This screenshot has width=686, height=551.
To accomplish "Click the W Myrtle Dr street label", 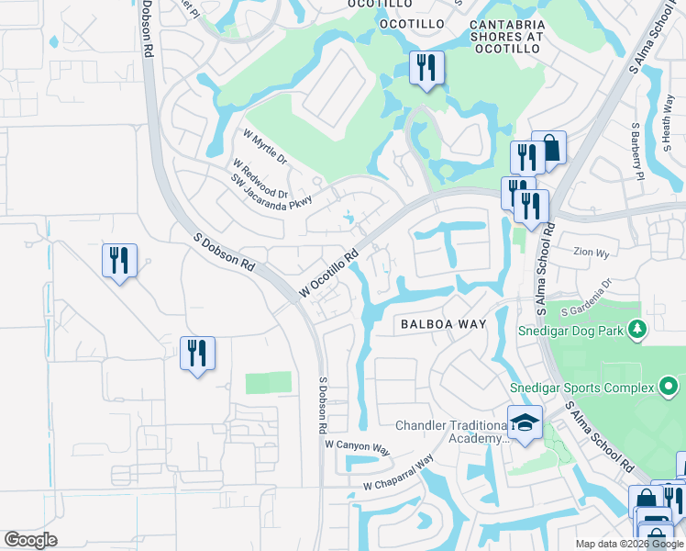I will point(264,147).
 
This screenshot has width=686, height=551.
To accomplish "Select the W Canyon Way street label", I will point(357,446).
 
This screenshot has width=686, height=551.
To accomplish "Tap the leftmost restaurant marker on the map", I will point(119,261).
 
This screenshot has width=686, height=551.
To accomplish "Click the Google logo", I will point(30,540).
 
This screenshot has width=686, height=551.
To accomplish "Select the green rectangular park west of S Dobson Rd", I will point(268,383).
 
